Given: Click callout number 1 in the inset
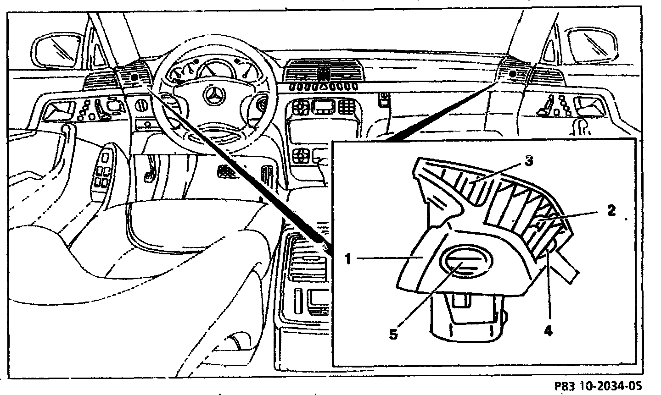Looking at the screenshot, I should (348, 259).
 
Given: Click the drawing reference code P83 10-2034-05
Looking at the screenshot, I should (604, 385).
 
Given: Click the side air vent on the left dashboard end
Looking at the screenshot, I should (97, 81).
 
